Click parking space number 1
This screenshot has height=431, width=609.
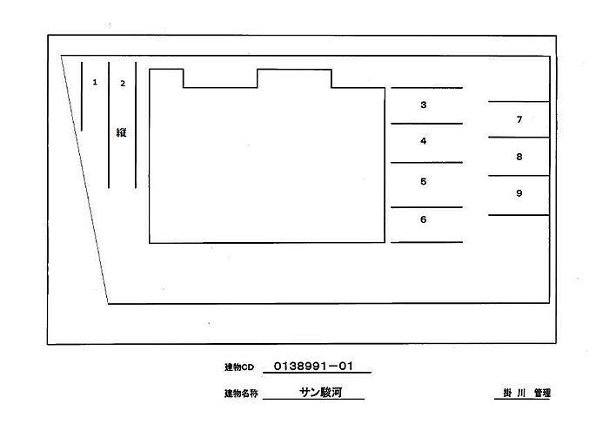pyautogui.click(x=95, y=82)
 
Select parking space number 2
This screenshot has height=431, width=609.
pyautogui.click(x=123, y=84)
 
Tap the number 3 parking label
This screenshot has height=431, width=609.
pyautogui.click(x=424, y=104)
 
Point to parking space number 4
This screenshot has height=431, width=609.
pyautogui.click(x=424, y=141)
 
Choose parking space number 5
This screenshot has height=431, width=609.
pyautogui.click(x=424, y=181)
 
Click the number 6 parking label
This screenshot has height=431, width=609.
pyautogui.click(x=424, y=219)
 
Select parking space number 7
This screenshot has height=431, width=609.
pyautogui.click(x=519, y=119)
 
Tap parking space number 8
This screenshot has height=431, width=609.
pyautogui.click(x=519, y=157)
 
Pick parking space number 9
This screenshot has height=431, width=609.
pyautogui.click(x=519, y=193)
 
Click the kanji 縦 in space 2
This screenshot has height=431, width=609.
pyautogui.click(x=121, y=132)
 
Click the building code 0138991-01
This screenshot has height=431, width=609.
pyautogui.click(x=313, y=366)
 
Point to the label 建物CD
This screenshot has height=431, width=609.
pyautogui.click(x=239, y=367)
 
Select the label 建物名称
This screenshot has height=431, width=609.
pyautogui.click(x=241, y=394)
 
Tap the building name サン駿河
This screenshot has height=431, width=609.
pyautogui.click(x=320, y=392)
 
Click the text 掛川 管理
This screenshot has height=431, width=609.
pyautogui.click(x=526, y=393)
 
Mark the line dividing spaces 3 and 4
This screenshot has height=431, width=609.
pyautogui.click(x=426, y=124)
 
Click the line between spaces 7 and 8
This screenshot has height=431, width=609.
pyautogui.click(x=519, y=138)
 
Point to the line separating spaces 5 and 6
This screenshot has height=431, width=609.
pyautogui.click(x=426, y=207)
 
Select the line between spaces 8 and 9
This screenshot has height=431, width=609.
pyautogui.click(x=519, y=176)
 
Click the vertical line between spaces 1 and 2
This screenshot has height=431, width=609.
pyautogui.click(x=109, y=125)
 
